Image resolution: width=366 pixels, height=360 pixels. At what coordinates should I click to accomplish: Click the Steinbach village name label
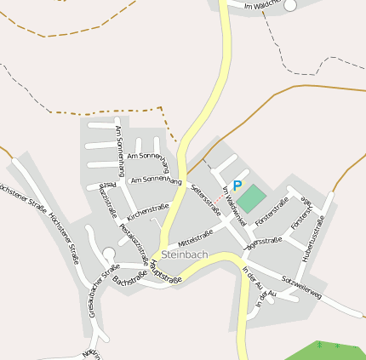pos(184,254)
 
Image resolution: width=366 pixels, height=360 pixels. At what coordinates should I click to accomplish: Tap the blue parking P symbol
pos(237,186)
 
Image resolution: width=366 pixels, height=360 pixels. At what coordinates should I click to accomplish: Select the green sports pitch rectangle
pos(251,199)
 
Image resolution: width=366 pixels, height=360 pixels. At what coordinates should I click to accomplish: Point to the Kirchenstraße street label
pos(148,210)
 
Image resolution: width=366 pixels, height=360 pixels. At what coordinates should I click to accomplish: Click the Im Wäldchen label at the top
pos(261,5)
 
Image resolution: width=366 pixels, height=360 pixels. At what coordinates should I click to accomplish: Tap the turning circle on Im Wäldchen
pos(290,5)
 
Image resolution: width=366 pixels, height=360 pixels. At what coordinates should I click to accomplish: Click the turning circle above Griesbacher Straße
pos(108,253)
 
